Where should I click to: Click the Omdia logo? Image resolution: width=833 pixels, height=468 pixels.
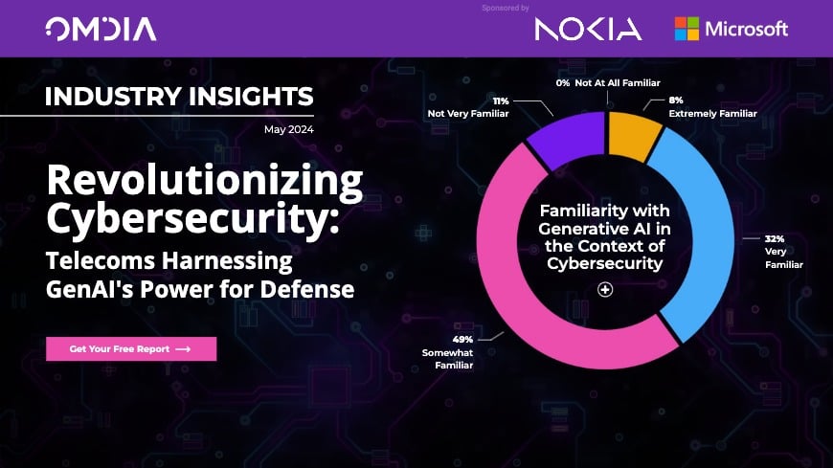[x=101, y=29]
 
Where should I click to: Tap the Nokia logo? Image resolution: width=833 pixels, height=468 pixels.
[x=588, y=29]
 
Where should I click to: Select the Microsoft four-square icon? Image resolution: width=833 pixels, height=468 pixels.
[x=686, y=29]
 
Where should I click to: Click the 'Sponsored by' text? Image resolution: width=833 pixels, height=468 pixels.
[x=507, y=8]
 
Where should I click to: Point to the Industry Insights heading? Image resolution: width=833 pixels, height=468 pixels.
[x=179, y=97]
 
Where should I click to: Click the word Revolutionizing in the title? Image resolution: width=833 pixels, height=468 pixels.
[x=205, y=181]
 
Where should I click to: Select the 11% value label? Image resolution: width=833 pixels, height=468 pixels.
[x=500, y=100]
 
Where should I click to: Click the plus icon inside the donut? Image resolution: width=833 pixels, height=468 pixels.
[x=604, y=290]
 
